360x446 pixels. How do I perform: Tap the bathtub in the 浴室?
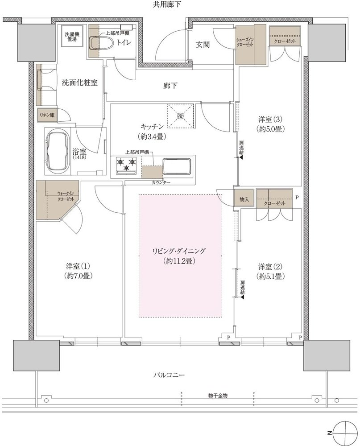58,151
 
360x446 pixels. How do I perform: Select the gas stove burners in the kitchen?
126,165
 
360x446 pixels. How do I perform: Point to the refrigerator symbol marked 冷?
180,116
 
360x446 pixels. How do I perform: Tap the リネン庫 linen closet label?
47,115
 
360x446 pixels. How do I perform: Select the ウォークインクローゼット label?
66,196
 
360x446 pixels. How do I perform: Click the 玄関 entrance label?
203,45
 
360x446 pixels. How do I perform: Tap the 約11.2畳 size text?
179,261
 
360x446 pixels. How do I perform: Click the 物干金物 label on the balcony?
218,396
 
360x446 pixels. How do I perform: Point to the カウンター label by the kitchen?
161,182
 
